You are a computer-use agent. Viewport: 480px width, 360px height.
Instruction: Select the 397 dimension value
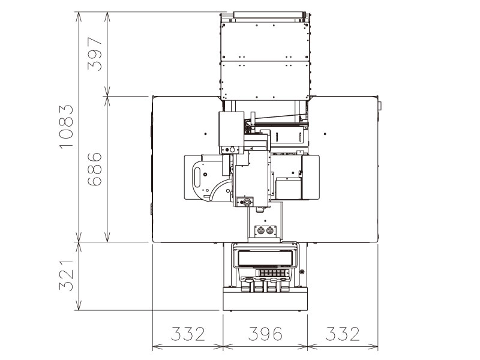pos(95,54)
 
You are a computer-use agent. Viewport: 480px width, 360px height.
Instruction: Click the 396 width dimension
pos(265,334)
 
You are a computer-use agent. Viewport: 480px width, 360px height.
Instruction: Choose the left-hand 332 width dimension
pos(188,334)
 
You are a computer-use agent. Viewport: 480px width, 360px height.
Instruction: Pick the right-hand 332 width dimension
pos(343,334)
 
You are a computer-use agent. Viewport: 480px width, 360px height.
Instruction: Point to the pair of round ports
pos(265,230)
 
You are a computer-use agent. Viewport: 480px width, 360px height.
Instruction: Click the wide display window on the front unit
pos(265,259)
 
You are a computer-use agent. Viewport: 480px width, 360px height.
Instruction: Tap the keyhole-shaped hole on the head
pos(229,149)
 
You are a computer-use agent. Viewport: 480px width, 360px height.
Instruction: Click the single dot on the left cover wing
pos(205,133)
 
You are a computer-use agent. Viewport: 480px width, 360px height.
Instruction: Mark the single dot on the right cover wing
pos(324,133)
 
